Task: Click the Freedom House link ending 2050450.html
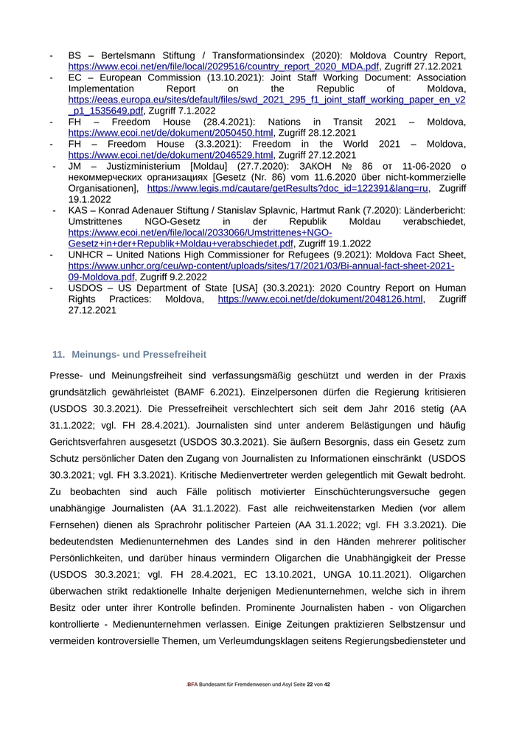tap(170, 133)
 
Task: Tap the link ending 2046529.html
tap(170, 155)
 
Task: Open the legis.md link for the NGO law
tap(287, 188)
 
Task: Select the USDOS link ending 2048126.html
tap(321, 299)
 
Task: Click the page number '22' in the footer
tap(310, 685)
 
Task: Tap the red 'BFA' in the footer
tap(192, 685)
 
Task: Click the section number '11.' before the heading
tap(58, 354)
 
